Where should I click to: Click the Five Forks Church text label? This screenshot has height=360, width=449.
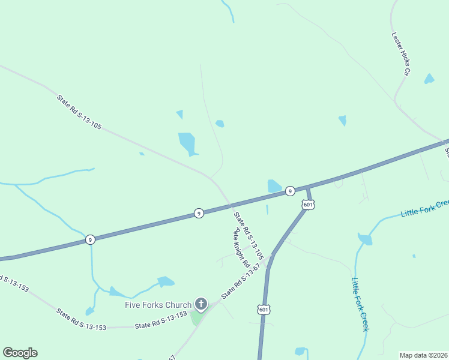click(x=157, y=305)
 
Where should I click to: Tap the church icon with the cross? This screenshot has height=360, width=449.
click(x=200, y=305)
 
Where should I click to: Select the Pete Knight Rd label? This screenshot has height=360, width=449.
click(x=241, y=247)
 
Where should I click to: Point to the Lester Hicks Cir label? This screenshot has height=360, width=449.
click(x=400, y=53)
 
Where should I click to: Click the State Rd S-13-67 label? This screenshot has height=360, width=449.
click(x=241, y=280)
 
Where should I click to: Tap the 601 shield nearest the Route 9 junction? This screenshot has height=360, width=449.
click(x=308, y=205)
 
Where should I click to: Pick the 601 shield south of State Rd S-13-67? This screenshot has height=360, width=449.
click(x=263, y=309)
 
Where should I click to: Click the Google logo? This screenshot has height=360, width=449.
click(x=20, y=353)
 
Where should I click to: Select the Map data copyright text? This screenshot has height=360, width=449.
click(x=424, y=355)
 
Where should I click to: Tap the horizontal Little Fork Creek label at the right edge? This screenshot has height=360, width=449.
click(x=424, y=208)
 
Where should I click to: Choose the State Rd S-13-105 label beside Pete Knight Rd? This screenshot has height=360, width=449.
click(x=249, y=236)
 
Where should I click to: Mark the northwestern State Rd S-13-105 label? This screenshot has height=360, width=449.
click(x=79, y=112)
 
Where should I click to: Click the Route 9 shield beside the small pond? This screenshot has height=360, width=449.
click(x=289, y=191)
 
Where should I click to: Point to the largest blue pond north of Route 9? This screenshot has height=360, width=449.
click(x=187, y=143)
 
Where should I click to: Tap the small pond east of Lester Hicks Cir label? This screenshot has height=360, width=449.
click(x=429, y=79)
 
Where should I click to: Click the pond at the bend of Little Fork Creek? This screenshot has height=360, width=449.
click(x=365, y=239)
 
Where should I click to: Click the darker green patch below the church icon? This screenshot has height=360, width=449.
click(x=196, y=318)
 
